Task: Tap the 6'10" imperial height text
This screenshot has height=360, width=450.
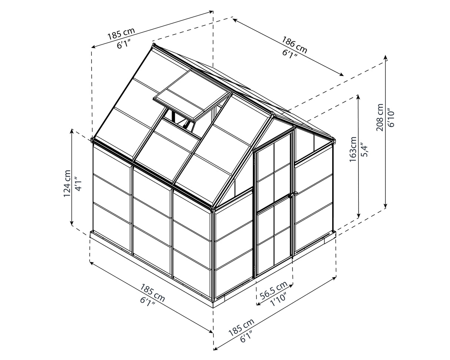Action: (x=391, y=118)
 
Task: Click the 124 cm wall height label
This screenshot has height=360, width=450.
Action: (x=67, y=184)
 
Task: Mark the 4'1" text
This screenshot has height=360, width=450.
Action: (x=78, y=184)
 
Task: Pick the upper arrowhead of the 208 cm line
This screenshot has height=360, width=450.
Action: (x=386, y=57)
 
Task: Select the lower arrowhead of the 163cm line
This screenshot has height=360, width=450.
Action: (x=358, y=216)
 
